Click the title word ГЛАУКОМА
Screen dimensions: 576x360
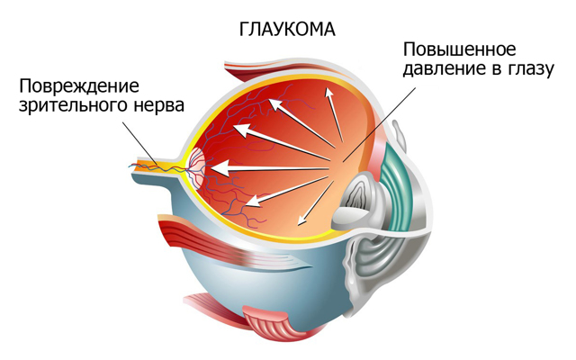pos(287,30)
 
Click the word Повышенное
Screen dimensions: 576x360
pos(460,49)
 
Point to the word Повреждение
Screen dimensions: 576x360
pos(79,86)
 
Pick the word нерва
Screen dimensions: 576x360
pos(158,106)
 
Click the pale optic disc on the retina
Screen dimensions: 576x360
pos(198,167)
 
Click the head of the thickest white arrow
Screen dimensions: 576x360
pos(220,168)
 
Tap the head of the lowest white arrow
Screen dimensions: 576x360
pos(301,220)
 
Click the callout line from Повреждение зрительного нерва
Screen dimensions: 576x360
pos(140,144)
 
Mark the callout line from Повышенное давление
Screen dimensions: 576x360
pos(379,124)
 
